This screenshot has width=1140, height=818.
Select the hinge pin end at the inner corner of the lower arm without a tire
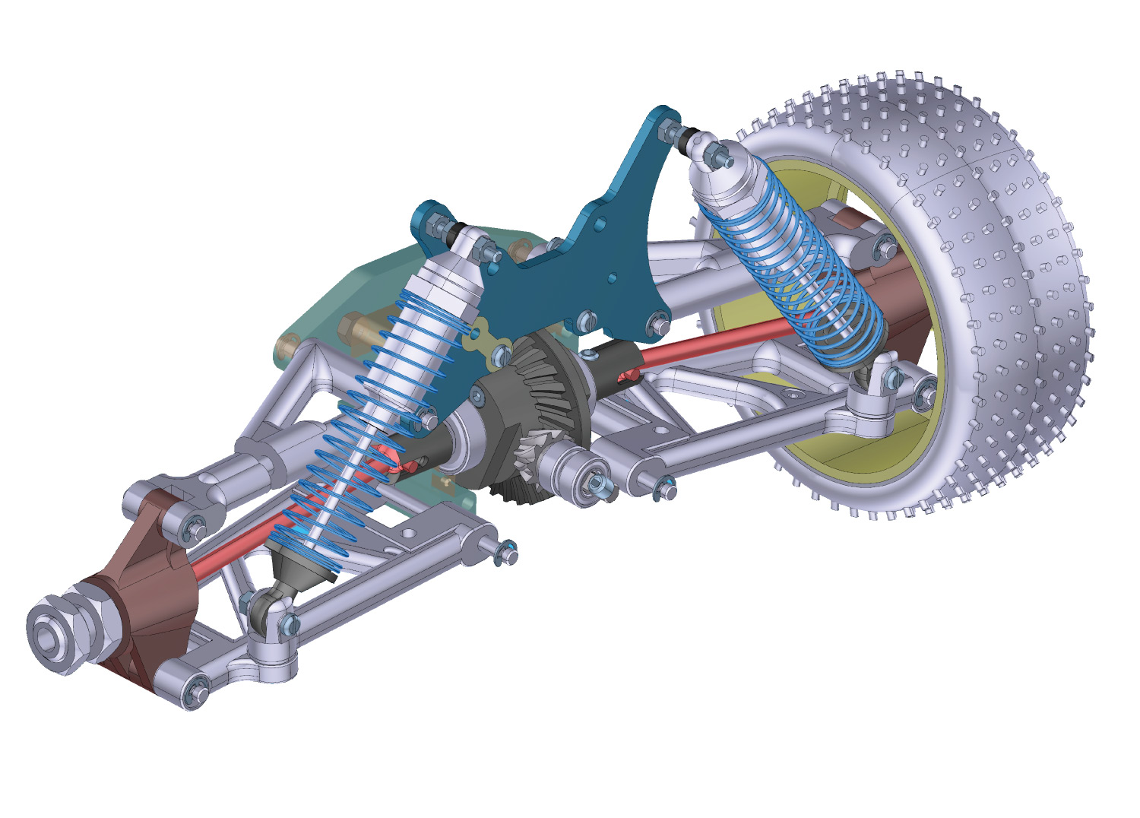click(505, 552)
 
